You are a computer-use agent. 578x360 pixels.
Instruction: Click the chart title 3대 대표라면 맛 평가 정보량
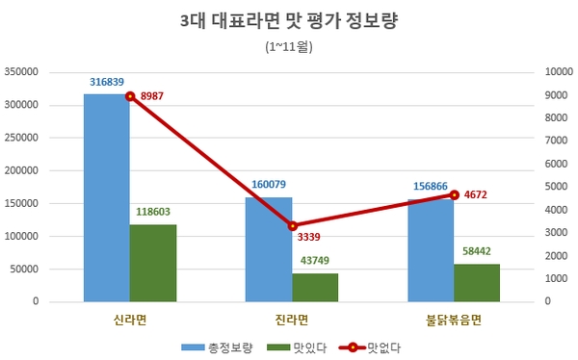(288, 20)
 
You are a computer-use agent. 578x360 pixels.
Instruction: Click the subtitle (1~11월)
(288, 45)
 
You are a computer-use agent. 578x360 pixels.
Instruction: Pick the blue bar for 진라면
(269, 249)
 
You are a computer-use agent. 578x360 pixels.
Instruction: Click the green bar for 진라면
(315, 287)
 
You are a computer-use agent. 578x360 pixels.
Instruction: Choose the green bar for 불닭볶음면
(477, 282)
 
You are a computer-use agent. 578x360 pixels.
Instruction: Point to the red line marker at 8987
(130, 95)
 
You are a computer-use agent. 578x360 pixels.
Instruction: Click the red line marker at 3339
(292, 225)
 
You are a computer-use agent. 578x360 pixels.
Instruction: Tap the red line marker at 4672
(454, 194)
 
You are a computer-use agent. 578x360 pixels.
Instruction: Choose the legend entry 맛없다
(382, 346)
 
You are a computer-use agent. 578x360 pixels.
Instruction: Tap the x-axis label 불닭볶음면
(453, 319)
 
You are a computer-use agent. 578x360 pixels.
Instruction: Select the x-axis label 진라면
(292, 319)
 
